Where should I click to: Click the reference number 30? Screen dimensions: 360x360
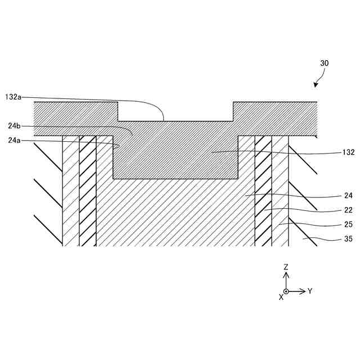(x=324, y=64)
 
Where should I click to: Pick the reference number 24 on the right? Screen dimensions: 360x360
(x=332, y=196)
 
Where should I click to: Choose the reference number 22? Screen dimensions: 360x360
(x=332, y=210)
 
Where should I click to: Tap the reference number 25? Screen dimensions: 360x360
(x=332, y=224)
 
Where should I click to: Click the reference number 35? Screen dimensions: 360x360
(x=332, y=239)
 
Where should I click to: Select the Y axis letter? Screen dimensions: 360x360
(x=310, y=291)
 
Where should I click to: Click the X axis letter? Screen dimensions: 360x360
(x=281, y=297)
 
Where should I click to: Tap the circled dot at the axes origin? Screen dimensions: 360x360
(x=286, y=291)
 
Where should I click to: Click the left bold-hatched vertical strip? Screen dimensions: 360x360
(x=88, y=191)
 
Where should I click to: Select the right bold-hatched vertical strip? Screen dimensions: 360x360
(x=263, y=191)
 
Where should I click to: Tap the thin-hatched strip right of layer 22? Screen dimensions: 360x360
(x=280, y=191)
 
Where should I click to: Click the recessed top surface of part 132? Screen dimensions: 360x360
(x=175, y=121)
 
